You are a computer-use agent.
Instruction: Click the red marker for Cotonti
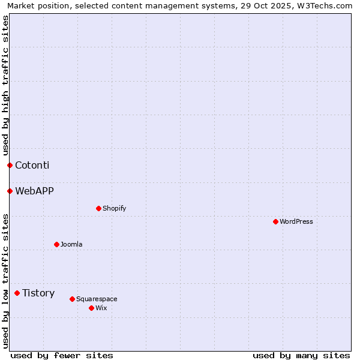(10, 165)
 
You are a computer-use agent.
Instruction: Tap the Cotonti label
(32, 165)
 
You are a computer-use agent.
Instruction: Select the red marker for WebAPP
(10, 191)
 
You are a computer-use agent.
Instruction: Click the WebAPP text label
(34, 191)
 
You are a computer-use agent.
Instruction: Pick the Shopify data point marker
(98, 208)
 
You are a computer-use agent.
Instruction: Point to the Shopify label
(114, 208)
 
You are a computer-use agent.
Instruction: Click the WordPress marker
(275, 221)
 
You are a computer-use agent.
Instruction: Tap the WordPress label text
(296, 221)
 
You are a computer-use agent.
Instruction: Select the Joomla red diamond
(56, 244)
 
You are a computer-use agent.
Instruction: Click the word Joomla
(71, 244)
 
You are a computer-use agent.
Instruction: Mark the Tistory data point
(17, 293)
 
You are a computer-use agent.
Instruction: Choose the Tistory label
(38, 293)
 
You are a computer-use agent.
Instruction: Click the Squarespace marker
(72, 299)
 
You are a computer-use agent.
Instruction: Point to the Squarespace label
(97, 299)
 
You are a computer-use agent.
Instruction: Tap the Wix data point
(91, 308)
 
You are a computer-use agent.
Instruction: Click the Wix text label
(101, 308)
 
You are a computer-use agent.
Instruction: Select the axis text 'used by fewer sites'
(62, 355)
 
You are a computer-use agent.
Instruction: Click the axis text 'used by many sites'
(301, 355)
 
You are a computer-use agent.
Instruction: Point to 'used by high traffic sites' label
(5, 85)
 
